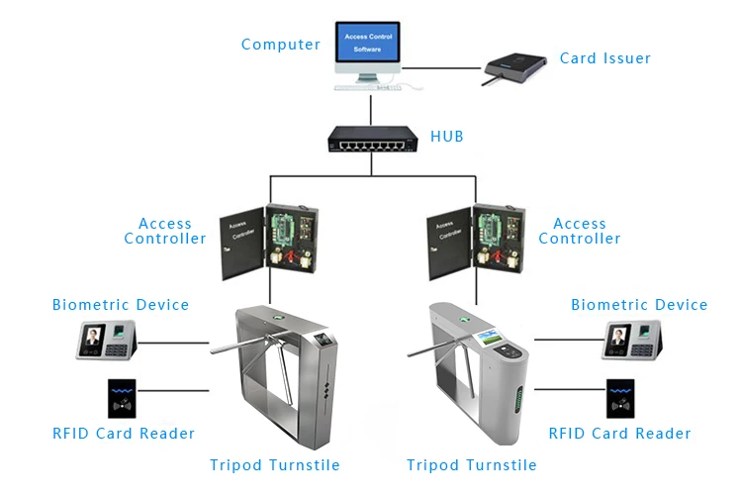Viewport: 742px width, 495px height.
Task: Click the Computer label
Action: click(281, 45)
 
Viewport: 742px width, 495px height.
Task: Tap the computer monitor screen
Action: click(368, 42)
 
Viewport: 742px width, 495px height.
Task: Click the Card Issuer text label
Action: click(604, 58)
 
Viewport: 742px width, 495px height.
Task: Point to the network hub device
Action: click(373, 139)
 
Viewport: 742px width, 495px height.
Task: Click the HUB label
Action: click(447, 137)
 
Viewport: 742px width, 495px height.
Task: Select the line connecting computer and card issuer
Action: click(441, 68)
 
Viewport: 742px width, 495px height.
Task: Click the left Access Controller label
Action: click(165, 231)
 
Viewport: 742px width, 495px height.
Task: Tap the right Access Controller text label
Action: click(579, 231)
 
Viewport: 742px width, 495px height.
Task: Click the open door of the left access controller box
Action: click(242, 244)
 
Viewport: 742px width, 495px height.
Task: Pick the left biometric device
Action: click(107, 340)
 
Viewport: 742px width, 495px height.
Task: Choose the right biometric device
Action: click(632, 340)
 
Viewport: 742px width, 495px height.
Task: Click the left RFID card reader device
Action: click(122, 398)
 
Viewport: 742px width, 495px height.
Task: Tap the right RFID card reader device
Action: click(620, 398)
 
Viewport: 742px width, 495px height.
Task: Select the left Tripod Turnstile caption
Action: click(275, 465)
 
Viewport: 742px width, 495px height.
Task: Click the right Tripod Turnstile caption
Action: click(472, 465)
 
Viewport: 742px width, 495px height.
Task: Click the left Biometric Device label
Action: click(121, 305)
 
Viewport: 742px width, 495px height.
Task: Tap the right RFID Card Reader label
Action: click(619, 434)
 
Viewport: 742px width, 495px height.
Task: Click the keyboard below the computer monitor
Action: click(368, 88)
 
